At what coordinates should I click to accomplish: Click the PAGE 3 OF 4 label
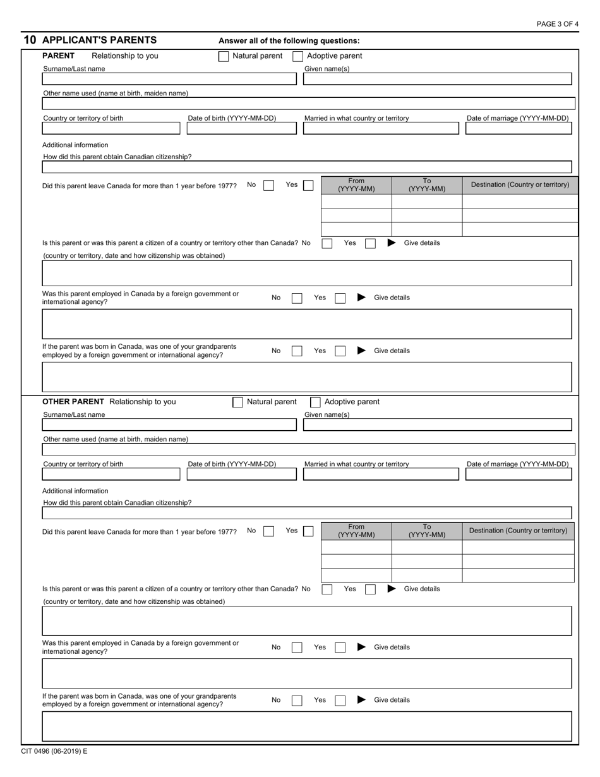click(x=557, y=24)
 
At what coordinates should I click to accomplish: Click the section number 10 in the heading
click(x=30, y=40)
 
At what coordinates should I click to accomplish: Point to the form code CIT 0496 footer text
click(x=54, y=752)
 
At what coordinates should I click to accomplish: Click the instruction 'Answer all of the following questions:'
click(x=289, y=40)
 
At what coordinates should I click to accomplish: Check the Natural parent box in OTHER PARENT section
click(x=238, y=402)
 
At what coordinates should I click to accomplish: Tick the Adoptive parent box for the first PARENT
click(x=298, y=56)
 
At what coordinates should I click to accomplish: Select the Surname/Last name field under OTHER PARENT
click(x=169, y=425)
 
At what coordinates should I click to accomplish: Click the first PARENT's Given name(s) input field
click(x=438, y=79)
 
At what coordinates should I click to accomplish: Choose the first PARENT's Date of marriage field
click(x=519, y=128)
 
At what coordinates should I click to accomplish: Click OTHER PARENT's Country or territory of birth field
click(x=111, y=474)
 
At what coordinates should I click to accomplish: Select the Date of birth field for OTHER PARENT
click(x=241, y=474)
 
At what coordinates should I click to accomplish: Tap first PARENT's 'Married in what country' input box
click(x=381, y=128)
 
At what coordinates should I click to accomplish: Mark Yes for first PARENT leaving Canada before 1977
click(x=308, y=185)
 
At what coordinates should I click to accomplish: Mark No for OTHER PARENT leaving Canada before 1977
click(x=268, y=531)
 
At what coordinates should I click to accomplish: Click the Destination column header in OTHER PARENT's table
click(x=518, y=531)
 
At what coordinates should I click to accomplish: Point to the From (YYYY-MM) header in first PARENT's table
click(x=356, y=184)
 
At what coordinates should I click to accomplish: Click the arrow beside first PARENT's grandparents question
click(x=361, y=351)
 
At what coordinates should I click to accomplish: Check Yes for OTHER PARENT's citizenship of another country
click(x=371, y=589)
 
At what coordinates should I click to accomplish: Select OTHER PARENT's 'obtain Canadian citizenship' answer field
click(x=306, y=513)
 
